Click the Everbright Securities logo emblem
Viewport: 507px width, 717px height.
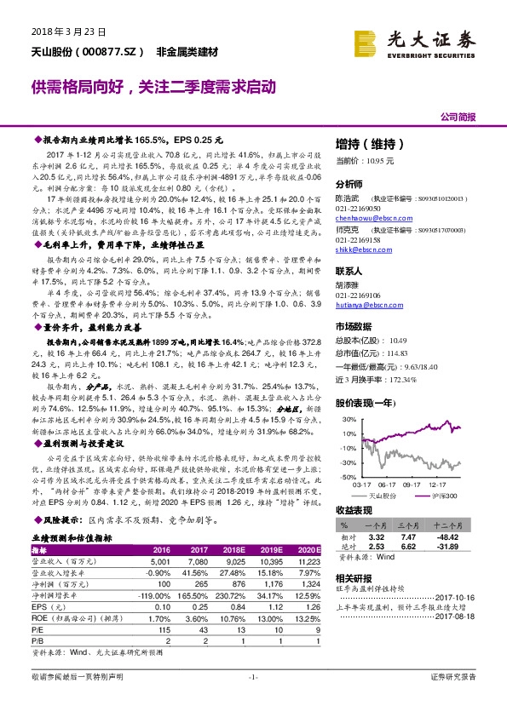tap(366, 40)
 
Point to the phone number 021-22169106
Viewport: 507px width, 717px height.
tap(358, 294)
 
